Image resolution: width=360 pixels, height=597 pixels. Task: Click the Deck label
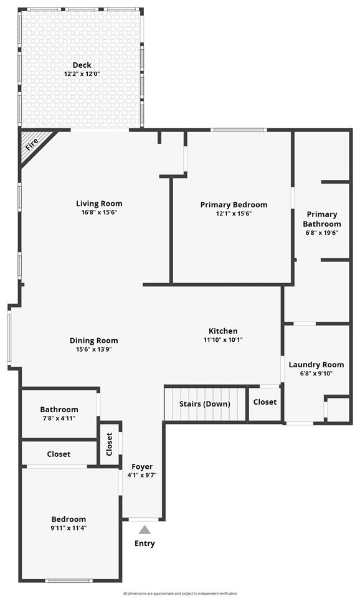tap(82, 65)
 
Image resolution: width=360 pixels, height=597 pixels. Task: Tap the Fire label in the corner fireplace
tap(32, 145)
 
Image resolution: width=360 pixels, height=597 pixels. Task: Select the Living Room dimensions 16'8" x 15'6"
tap(99, 212)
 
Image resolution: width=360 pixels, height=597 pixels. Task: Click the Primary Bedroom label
tap(234, 204)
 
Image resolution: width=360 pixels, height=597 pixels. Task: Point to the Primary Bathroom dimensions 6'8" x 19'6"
tap(321, 233)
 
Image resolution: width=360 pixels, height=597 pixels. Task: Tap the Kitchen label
tap(223, 331)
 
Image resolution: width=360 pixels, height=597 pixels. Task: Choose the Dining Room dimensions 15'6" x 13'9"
tap(93, 349)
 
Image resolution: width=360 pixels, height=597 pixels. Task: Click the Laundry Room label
tap(316, 365)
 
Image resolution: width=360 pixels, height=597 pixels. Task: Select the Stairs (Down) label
tap(205, 403)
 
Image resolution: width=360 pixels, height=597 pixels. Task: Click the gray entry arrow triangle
tap(144, 530)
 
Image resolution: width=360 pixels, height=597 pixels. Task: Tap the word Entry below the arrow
tap(144, 543)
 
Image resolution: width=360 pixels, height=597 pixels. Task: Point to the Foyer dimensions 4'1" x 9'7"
tap(142, 475)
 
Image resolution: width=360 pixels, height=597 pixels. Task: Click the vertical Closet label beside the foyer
tap(110, 443)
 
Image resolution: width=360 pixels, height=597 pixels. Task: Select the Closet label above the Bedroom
tap(59, 454)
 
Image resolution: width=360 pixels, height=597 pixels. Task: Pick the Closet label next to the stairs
tap(265, 402)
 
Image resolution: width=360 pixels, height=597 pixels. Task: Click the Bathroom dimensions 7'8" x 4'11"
tap(59, 418)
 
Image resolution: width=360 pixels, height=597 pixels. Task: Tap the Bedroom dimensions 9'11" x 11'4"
tap(69, 528)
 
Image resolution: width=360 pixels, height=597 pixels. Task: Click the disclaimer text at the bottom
tap(180, 593)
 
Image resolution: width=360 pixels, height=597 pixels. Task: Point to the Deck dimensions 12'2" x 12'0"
tap(82, 73)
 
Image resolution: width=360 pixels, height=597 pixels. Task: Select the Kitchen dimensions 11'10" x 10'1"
tap(223, 340)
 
